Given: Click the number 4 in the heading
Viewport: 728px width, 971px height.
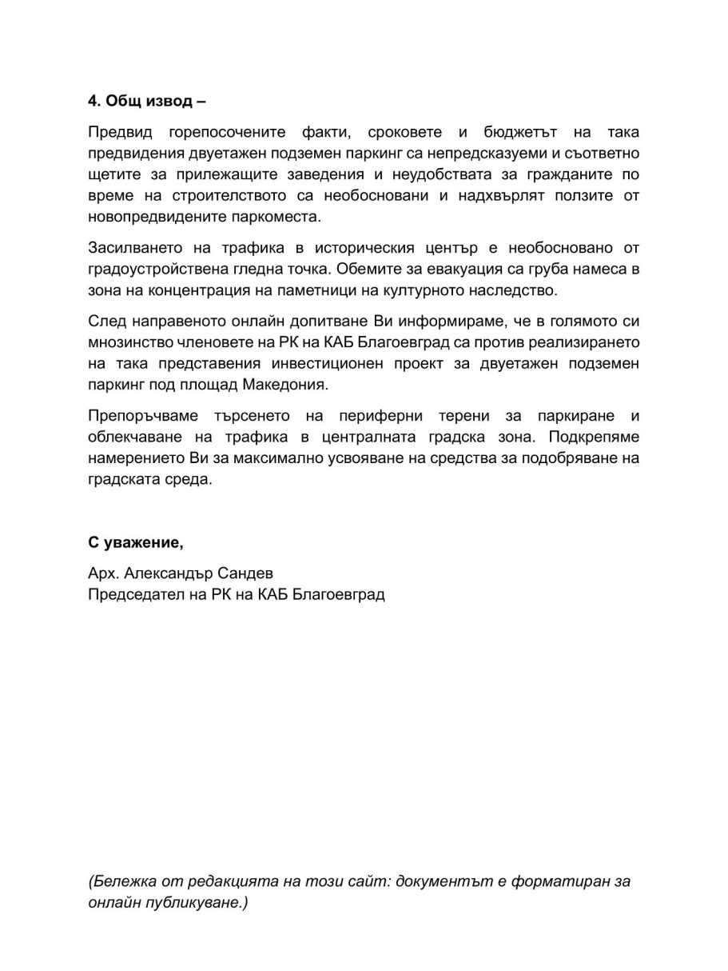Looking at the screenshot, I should (x=93, y=102).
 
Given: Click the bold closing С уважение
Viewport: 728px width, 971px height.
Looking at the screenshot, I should (x=135, y=543).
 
